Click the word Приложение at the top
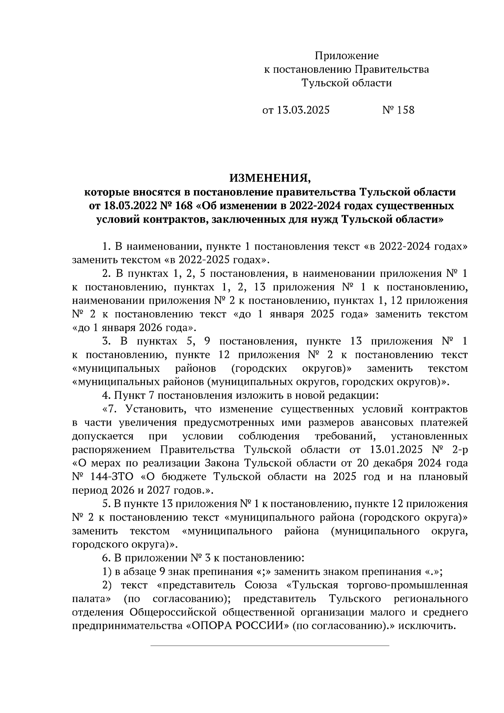pos(347,56)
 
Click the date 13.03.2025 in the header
pos(302,110)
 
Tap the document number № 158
pos(398,110)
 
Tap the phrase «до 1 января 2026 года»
pos(134,327)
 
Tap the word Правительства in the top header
pos(392,69)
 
